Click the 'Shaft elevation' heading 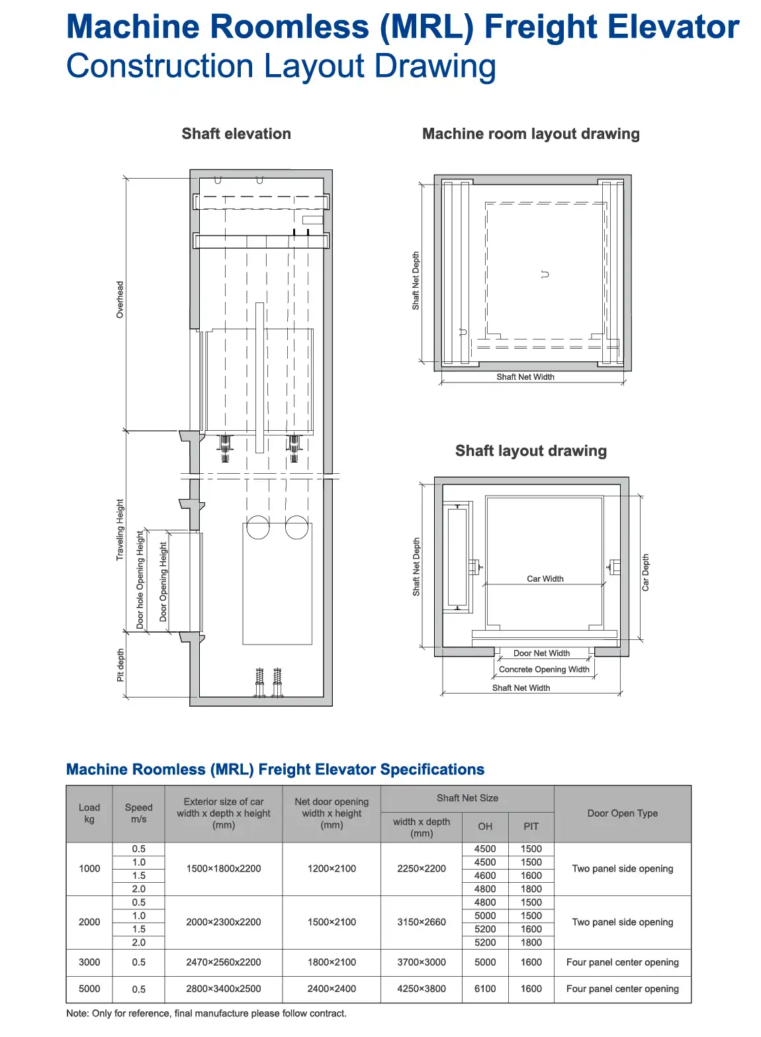coord(236,134)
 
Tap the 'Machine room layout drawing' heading coord(531,134)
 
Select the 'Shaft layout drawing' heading coord(531,451)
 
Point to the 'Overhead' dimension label coord(120,300)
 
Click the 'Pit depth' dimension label coord(120,665)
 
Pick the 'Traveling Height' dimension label coord(120,529)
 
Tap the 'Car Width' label coord(545,578)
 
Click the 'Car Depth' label coord(645,572)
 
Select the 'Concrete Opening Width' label coord(544,670)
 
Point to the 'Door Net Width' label coord(541,653)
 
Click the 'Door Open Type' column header coord(622,813)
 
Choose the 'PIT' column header coord(531,827)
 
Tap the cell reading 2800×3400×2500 coord(224,989)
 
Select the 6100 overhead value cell coord(485,989)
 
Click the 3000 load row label coord(89,962)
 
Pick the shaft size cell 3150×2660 coord(422,922)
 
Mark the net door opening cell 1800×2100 coord(332,962)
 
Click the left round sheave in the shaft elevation coord(257,527)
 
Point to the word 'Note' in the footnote coord(77,1013)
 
